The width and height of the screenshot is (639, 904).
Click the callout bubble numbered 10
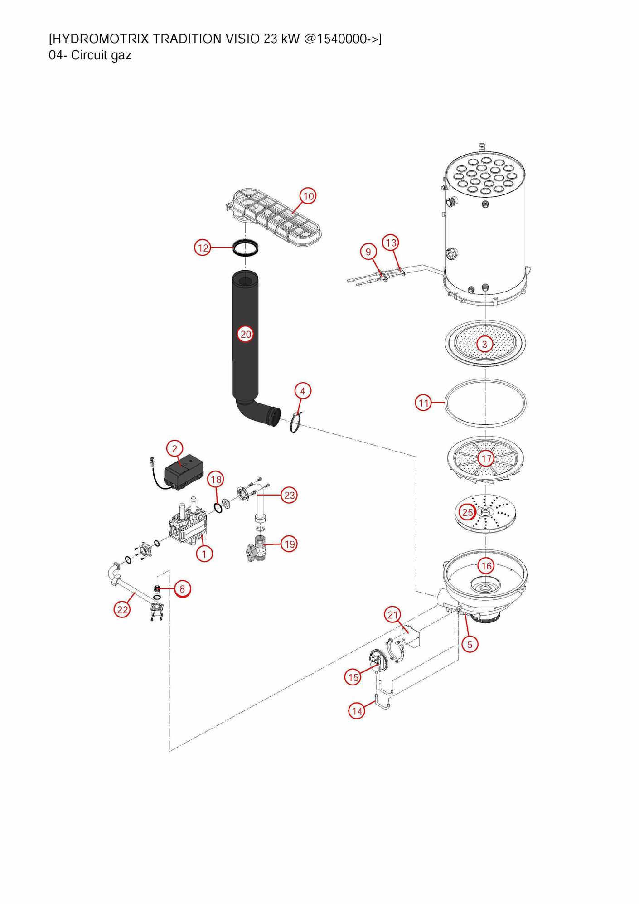pos(308,196)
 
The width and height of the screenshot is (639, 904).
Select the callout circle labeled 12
pos(203,248)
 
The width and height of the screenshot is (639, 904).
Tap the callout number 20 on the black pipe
pos(246,335)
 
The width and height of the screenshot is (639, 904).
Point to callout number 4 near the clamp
pos(303,391)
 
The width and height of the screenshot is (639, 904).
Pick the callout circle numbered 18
pos(216,480)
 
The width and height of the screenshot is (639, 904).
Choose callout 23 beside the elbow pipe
pos(290,495)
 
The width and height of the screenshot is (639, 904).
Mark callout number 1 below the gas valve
pos(204,554)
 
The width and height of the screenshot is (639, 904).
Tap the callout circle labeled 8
pos(182,589)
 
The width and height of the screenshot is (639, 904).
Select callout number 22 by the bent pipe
pos(122,610)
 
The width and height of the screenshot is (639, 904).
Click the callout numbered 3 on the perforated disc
pos(484,344)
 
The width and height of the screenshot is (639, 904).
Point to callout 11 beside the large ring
pos(424,403)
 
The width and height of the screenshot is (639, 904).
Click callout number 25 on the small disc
pos(467,513)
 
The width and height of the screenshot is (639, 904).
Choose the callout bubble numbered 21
pos(392,615)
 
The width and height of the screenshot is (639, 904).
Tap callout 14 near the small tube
pos(357,711)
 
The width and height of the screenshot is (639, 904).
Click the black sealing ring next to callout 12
pos(247,248)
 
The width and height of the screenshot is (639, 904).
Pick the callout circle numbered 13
pos(391,243)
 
